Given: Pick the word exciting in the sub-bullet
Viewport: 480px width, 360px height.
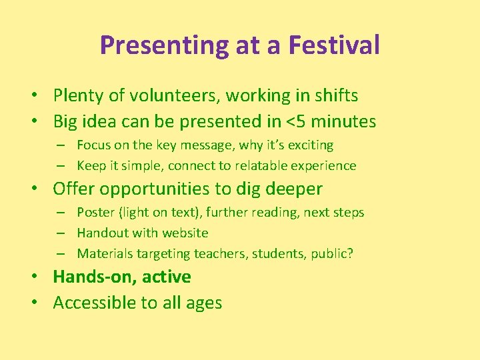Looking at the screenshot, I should (310, 145).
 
